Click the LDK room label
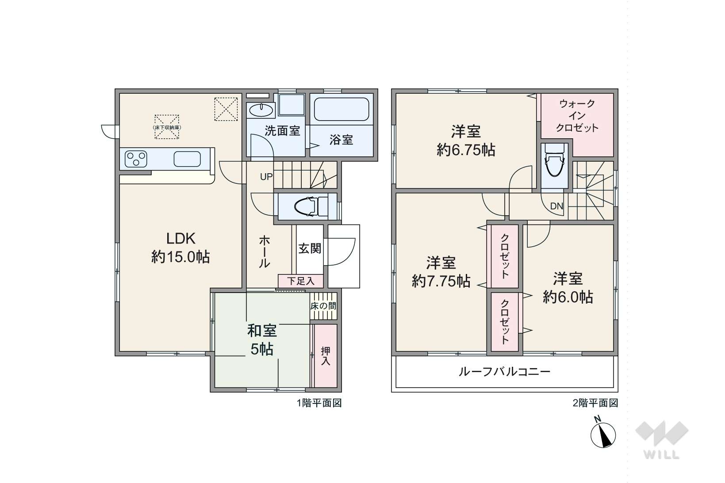pyautogui.click(x=180, y=247)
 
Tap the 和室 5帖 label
pyautogui.click(x=262, y=340)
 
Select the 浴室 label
pyautogui.click(x=341, y=140)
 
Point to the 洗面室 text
pyautogui.click(x=282, y=131)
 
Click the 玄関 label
pyautogui.click(x=310, y=248)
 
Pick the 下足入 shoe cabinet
pyautogui.click(x=301, y=281)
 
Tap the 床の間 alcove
pyautogui.click(x=323, y=306)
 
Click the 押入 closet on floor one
pyautogui.click(x=326, y=356)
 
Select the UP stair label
pyautogui.click(x=266, y=176)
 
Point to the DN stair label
pyautogui.click(x=557, y=206)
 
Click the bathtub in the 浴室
pyautogui.click(x=341, y=109)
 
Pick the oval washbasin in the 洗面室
pyautogui.click(x=261, y=110)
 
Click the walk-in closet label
pyautogui.click(x=577, y=116)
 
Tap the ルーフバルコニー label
pyautogui.click(x=505, y=372)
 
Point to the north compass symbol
pyautogui.click(x=603, y=435)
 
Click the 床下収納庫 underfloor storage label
pyautogui.click(x=167, y=127)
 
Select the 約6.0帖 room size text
pyautogui.click(x=568, y=297)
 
